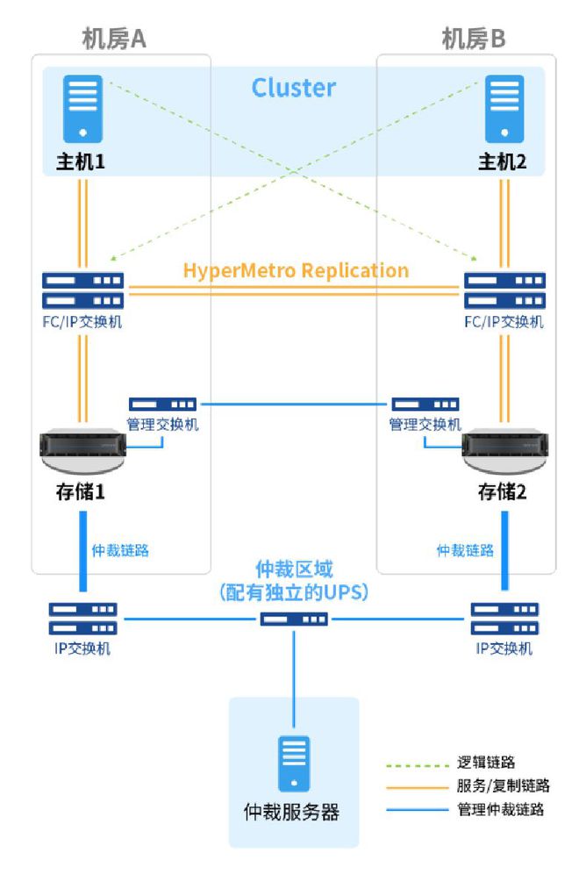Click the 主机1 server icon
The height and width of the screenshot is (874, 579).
click(82, 109)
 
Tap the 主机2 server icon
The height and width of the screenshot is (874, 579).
click(504, 109)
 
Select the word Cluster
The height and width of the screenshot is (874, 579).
click(294, 88)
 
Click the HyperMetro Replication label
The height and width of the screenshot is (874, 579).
click(296, 270)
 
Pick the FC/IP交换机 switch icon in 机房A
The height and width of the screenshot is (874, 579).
click(83, 290)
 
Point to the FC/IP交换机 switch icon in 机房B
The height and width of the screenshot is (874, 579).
click(505, 290)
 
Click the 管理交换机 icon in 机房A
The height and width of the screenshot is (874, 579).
click(162, 405)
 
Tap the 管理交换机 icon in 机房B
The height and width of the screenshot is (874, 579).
click(425, 405)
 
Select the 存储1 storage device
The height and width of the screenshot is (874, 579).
click(83, 451)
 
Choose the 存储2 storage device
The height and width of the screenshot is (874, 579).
click(505, 451)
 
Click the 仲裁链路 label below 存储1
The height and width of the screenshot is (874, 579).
click(120, 551)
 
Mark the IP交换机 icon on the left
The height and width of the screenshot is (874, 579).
click(83, 619)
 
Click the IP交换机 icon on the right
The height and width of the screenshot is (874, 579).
click(505, 619)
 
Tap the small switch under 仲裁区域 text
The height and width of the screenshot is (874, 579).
click(294, 620)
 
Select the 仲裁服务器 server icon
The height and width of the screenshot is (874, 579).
click(294, 763)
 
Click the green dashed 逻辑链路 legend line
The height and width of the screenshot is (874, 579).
click(418, 766)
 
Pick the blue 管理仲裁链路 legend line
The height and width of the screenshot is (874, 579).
click(418, 809)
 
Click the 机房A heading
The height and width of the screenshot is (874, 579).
click(114, 39)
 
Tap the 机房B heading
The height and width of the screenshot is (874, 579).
click(474, 39)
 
